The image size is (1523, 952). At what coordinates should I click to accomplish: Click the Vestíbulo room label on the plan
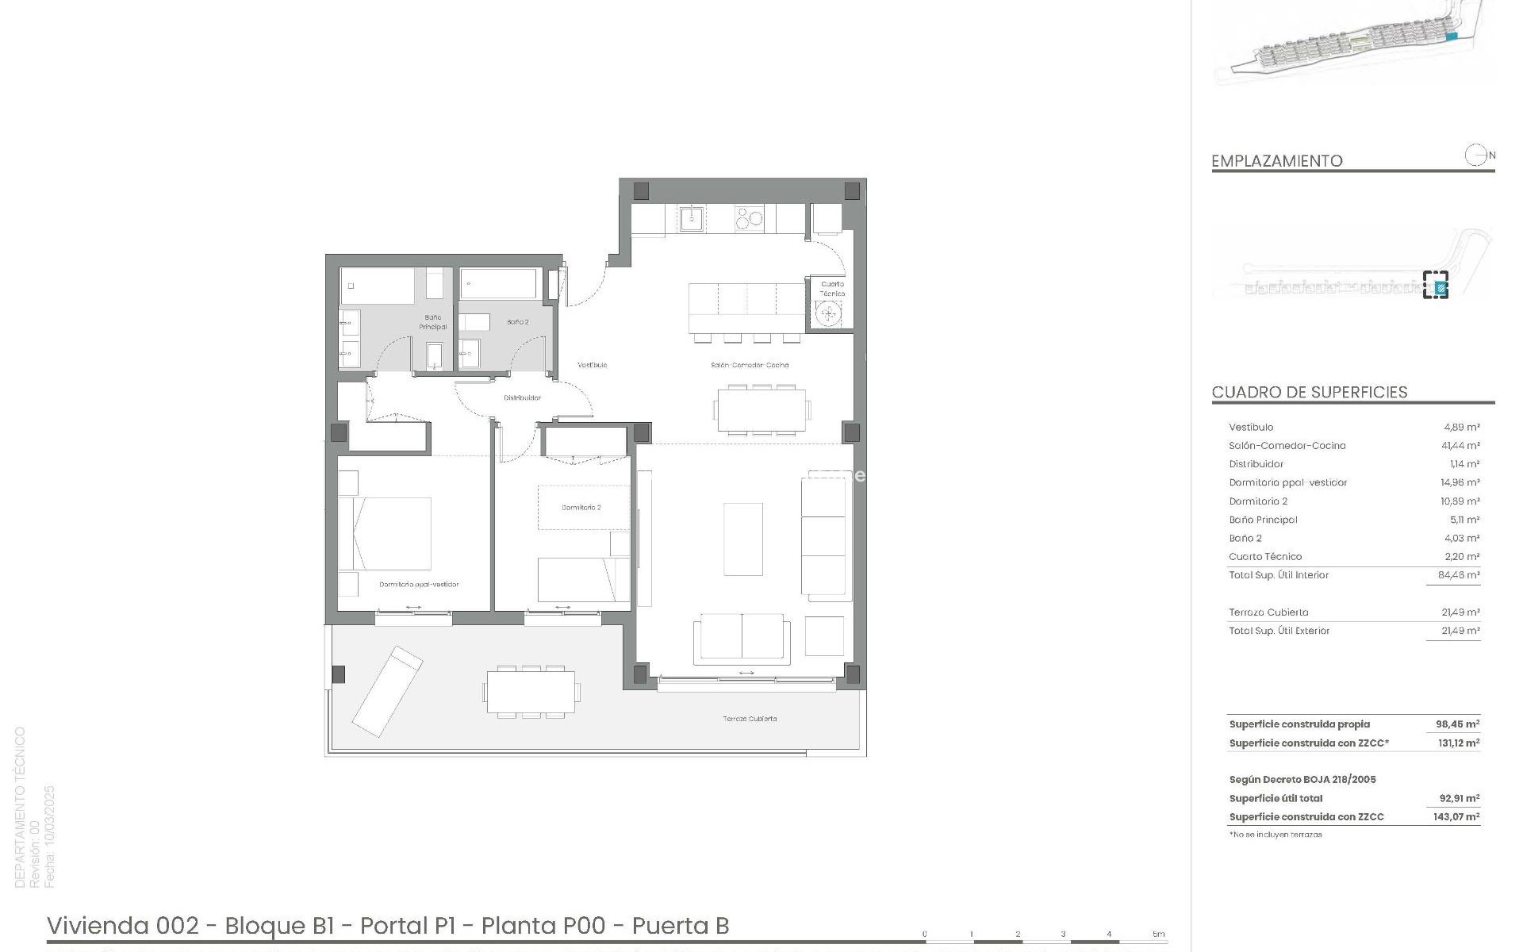(592, 365)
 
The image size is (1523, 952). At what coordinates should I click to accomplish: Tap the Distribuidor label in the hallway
(522, 397)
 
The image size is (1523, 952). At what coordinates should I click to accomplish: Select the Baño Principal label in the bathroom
(433, 321)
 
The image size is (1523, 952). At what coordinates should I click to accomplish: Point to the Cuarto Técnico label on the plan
(832, 288)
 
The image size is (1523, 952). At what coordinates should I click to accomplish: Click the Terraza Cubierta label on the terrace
(750, 719)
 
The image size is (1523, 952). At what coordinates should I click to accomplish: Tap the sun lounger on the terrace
(387, 691)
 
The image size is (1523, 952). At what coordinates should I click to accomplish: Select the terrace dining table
(531, 692)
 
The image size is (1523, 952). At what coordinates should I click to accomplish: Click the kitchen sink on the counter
(692, 218)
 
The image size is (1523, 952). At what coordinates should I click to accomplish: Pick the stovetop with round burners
(749, 218)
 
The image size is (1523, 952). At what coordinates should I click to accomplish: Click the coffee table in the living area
(743, 539)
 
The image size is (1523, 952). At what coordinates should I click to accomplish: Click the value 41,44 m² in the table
(1461, 446)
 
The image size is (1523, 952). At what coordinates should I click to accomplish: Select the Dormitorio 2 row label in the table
(1258, 501)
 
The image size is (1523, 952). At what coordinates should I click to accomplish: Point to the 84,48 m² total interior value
(1460, 575)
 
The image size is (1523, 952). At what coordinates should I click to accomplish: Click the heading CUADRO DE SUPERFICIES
(1309, 392)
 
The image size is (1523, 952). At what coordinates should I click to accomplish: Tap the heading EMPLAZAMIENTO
(1276, 161)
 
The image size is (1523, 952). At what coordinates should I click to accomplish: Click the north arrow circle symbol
(1475, 155)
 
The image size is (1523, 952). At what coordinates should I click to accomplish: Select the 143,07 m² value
(1456, 816)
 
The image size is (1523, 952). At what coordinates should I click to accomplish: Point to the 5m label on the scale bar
(1158, 934)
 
